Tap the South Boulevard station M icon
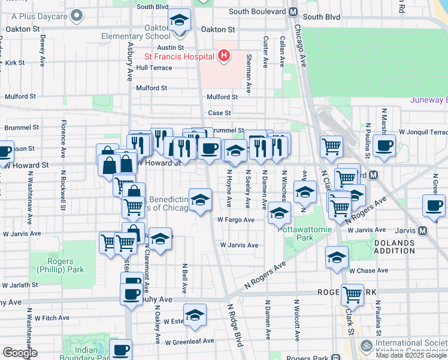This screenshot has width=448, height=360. coord(293,11)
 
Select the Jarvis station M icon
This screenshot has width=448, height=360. coord(423,230)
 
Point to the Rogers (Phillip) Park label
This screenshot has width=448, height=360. coord(60,265)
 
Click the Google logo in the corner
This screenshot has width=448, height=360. coord(19,352)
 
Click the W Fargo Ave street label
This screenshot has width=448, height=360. coord(236,220)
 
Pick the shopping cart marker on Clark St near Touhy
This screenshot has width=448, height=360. coord(353,294)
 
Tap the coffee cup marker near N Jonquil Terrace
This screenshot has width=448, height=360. coord(384,145)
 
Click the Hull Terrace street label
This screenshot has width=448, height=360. coord(154,68)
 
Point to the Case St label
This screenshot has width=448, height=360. coord(219,113)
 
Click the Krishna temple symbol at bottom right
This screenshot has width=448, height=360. coord(364,346)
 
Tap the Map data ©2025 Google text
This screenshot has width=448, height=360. coord(411,355)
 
